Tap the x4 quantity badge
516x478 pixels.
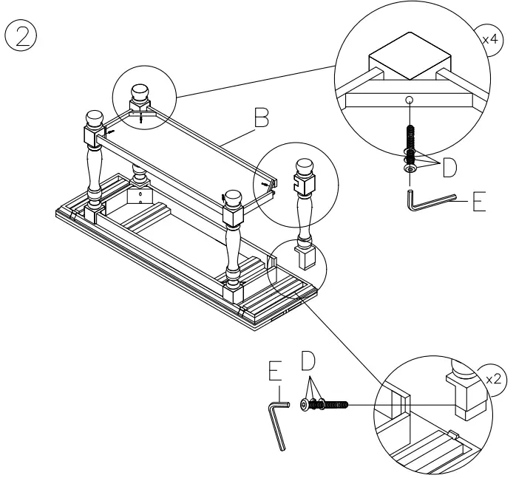tap(489, 37)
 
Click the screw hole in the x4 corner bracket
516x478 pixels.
tap(409, 98)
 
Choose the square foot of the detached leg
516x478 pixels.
tap(305, 256)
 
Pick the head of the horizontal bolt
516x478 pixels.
tap(305, 404)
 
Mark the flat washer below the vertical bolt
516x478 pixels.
tap(408, 168)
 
